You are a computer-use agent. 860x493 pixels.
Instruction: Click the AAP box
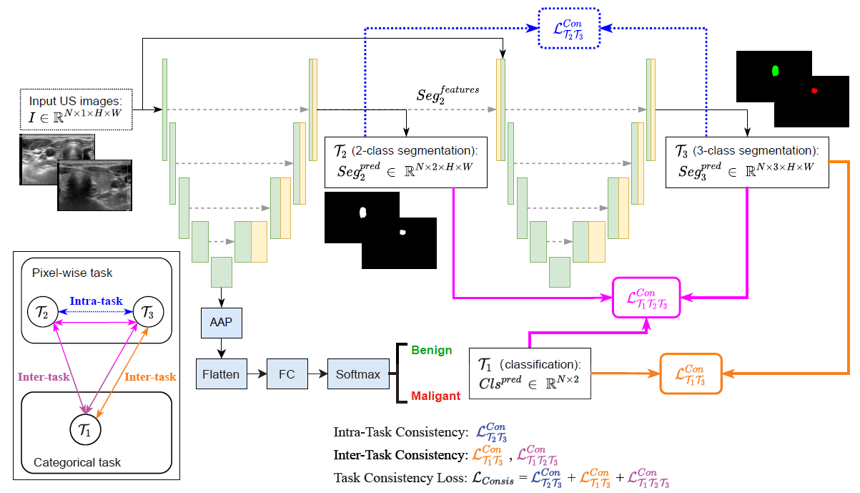(x=222, y=323)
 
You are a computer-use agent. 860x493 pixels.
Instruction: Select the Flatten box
(x=222, y=374)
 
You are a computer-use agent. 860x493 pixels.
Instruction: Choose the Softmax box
(x=357, y=374)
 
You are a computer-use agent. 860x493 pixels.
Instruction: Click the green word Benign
(x=431, y=351)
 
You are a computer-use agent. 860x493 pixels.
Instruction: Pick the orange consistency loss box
(x=691, y=374)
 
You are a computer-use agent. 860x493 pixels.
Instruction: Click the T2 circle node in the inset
(x=43, y=312)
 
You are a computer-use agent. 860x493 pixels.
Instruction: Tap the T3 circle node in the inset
(x=147, y=312)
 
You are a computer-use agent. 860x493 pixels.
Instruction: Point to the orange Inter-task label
(x=149, y=376)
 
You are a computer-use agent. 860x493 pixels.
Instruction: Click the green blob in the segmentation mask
(x=776, y=71)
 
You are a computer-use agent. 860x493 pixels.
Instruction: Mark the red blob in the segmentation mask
(x=814, y=90)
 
